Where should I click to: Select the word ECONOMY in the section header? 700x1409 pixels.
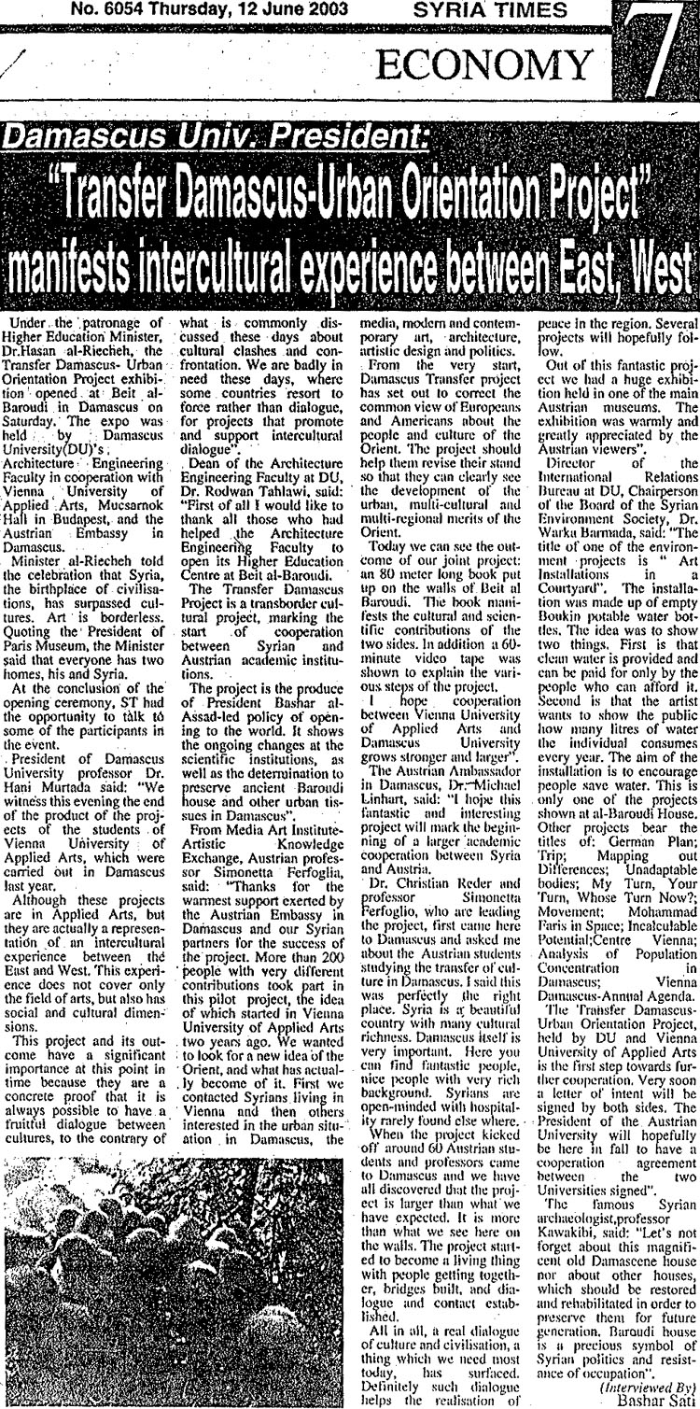(x=483, y=64)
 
